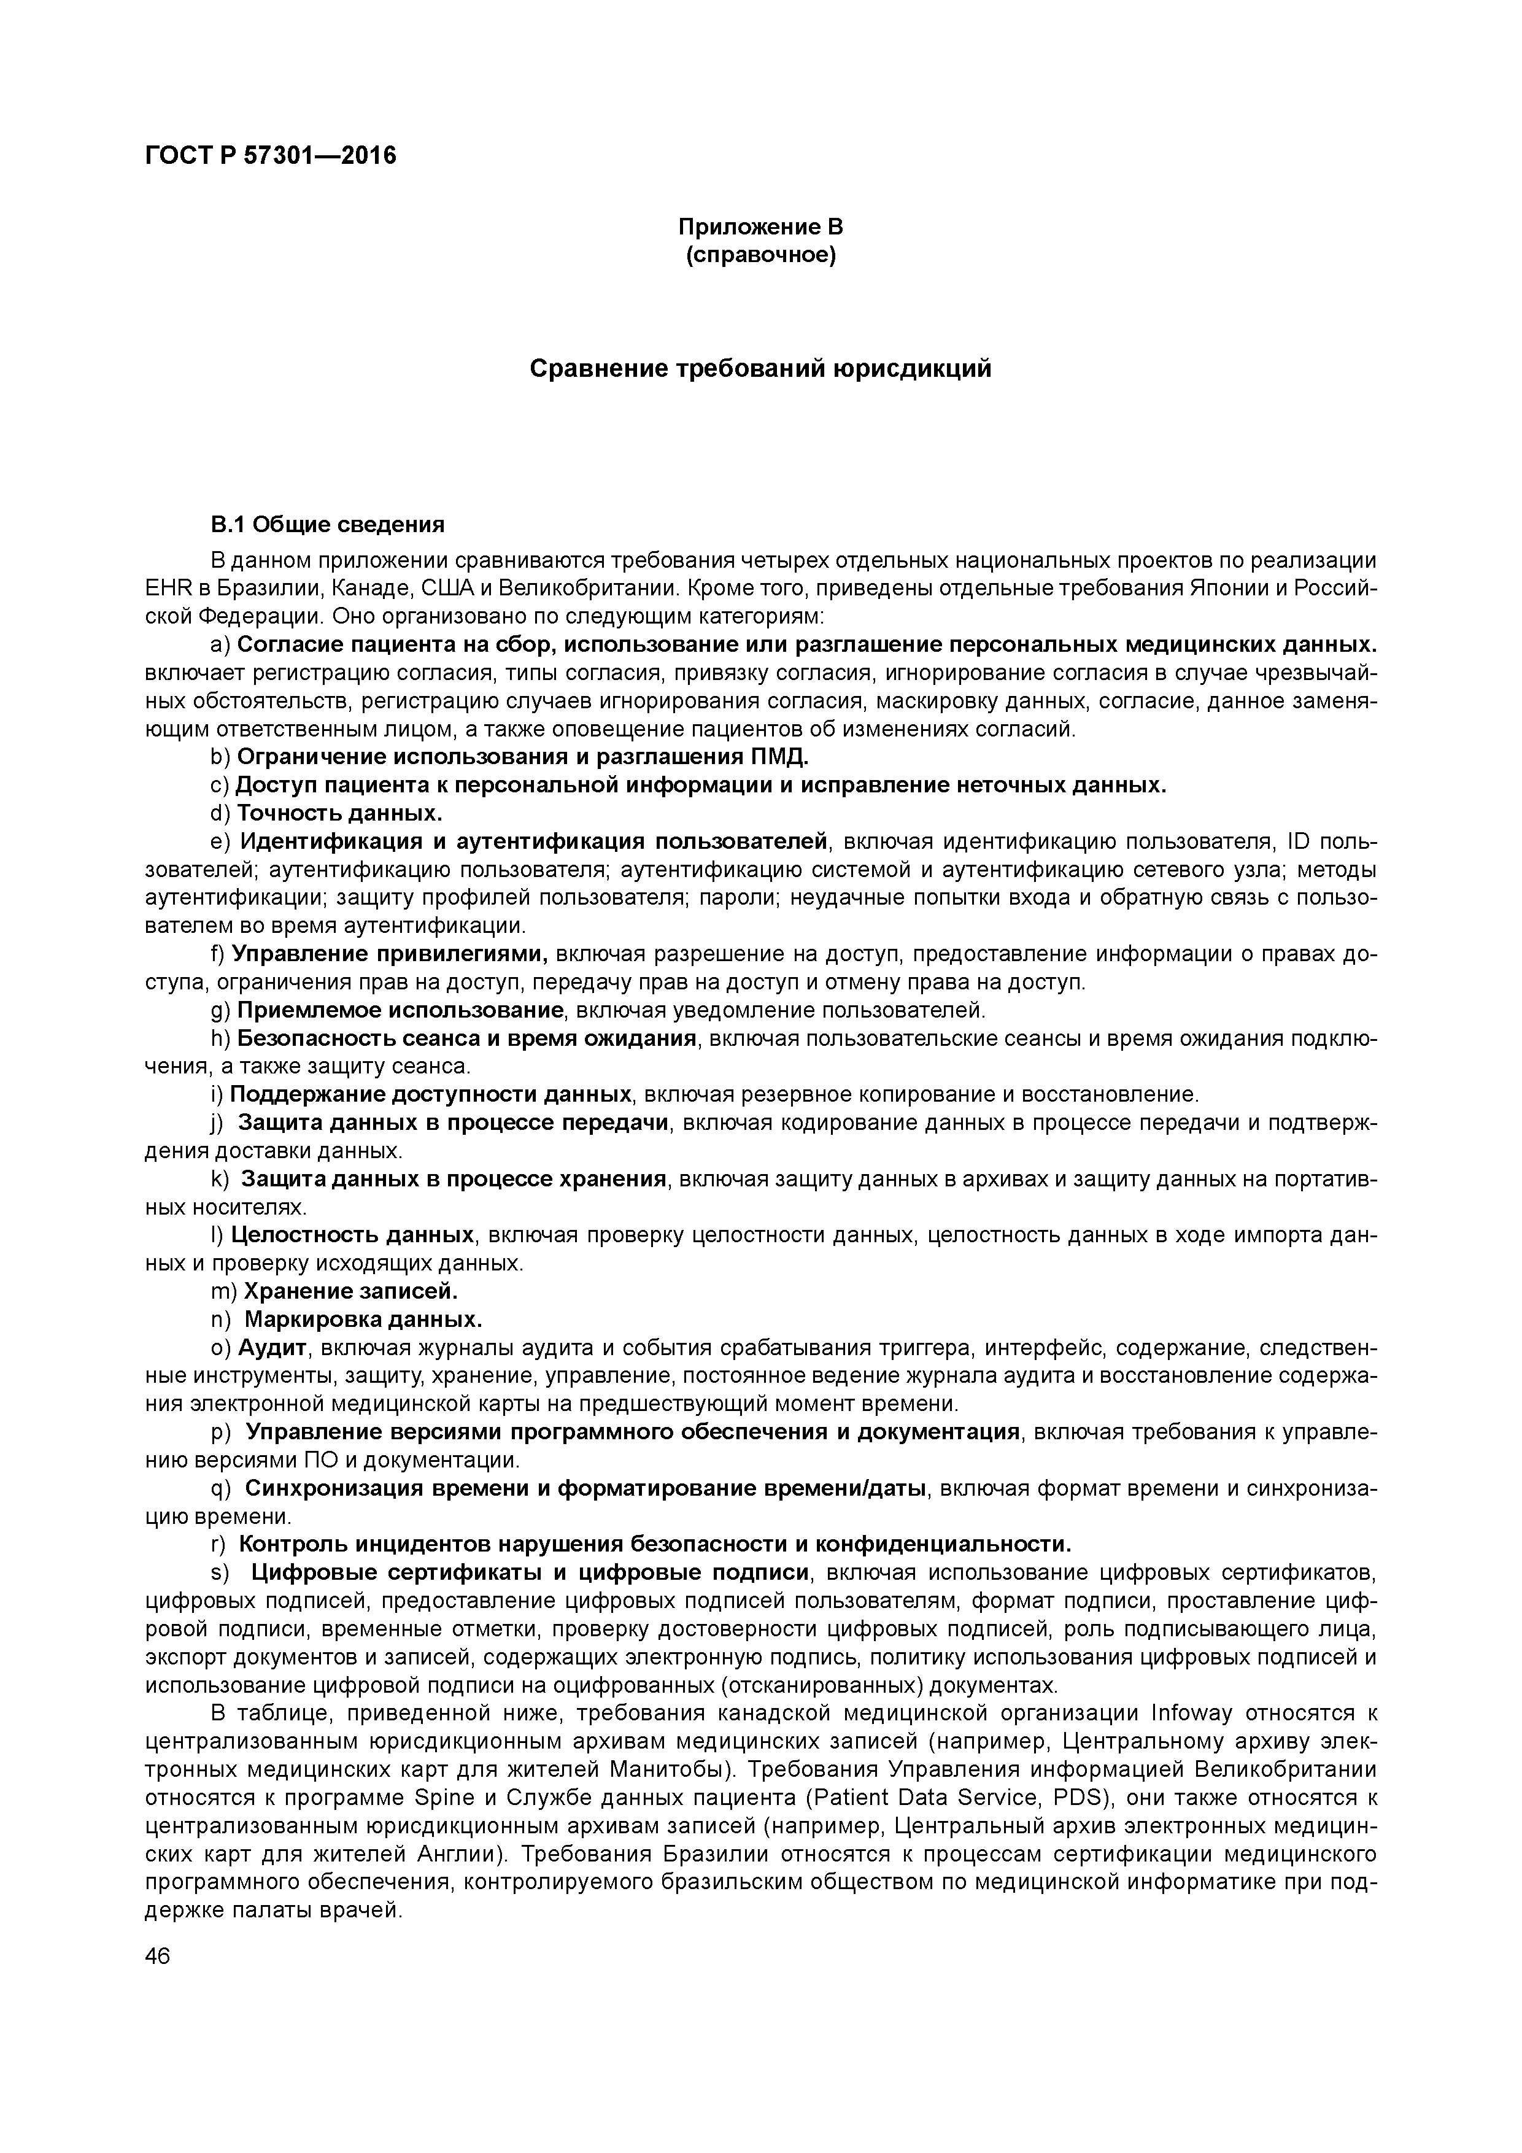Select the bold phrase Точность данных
coord(339,812)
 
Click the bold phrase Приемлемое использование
coord(400,1010)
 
